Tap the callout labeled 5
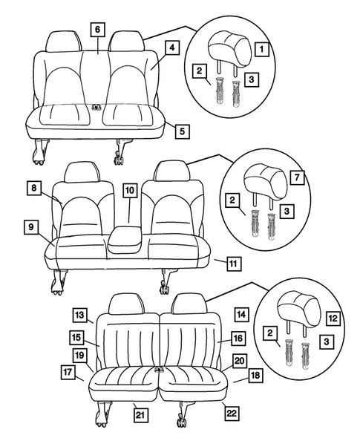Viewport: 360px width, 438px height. click(181, 131)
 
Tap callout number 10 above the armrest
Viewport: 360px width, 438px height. click(129, 192)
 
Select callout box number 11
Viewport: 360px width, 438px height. click(232, 262)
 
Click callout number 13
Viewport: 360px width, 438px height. click(79, 314)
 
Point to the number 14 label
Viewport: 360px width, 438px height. click(240, 314)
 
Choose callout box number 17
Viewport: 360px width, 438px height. click(68, 371)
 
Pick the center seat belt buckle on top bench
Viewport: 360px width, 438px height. click(96, 108)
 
